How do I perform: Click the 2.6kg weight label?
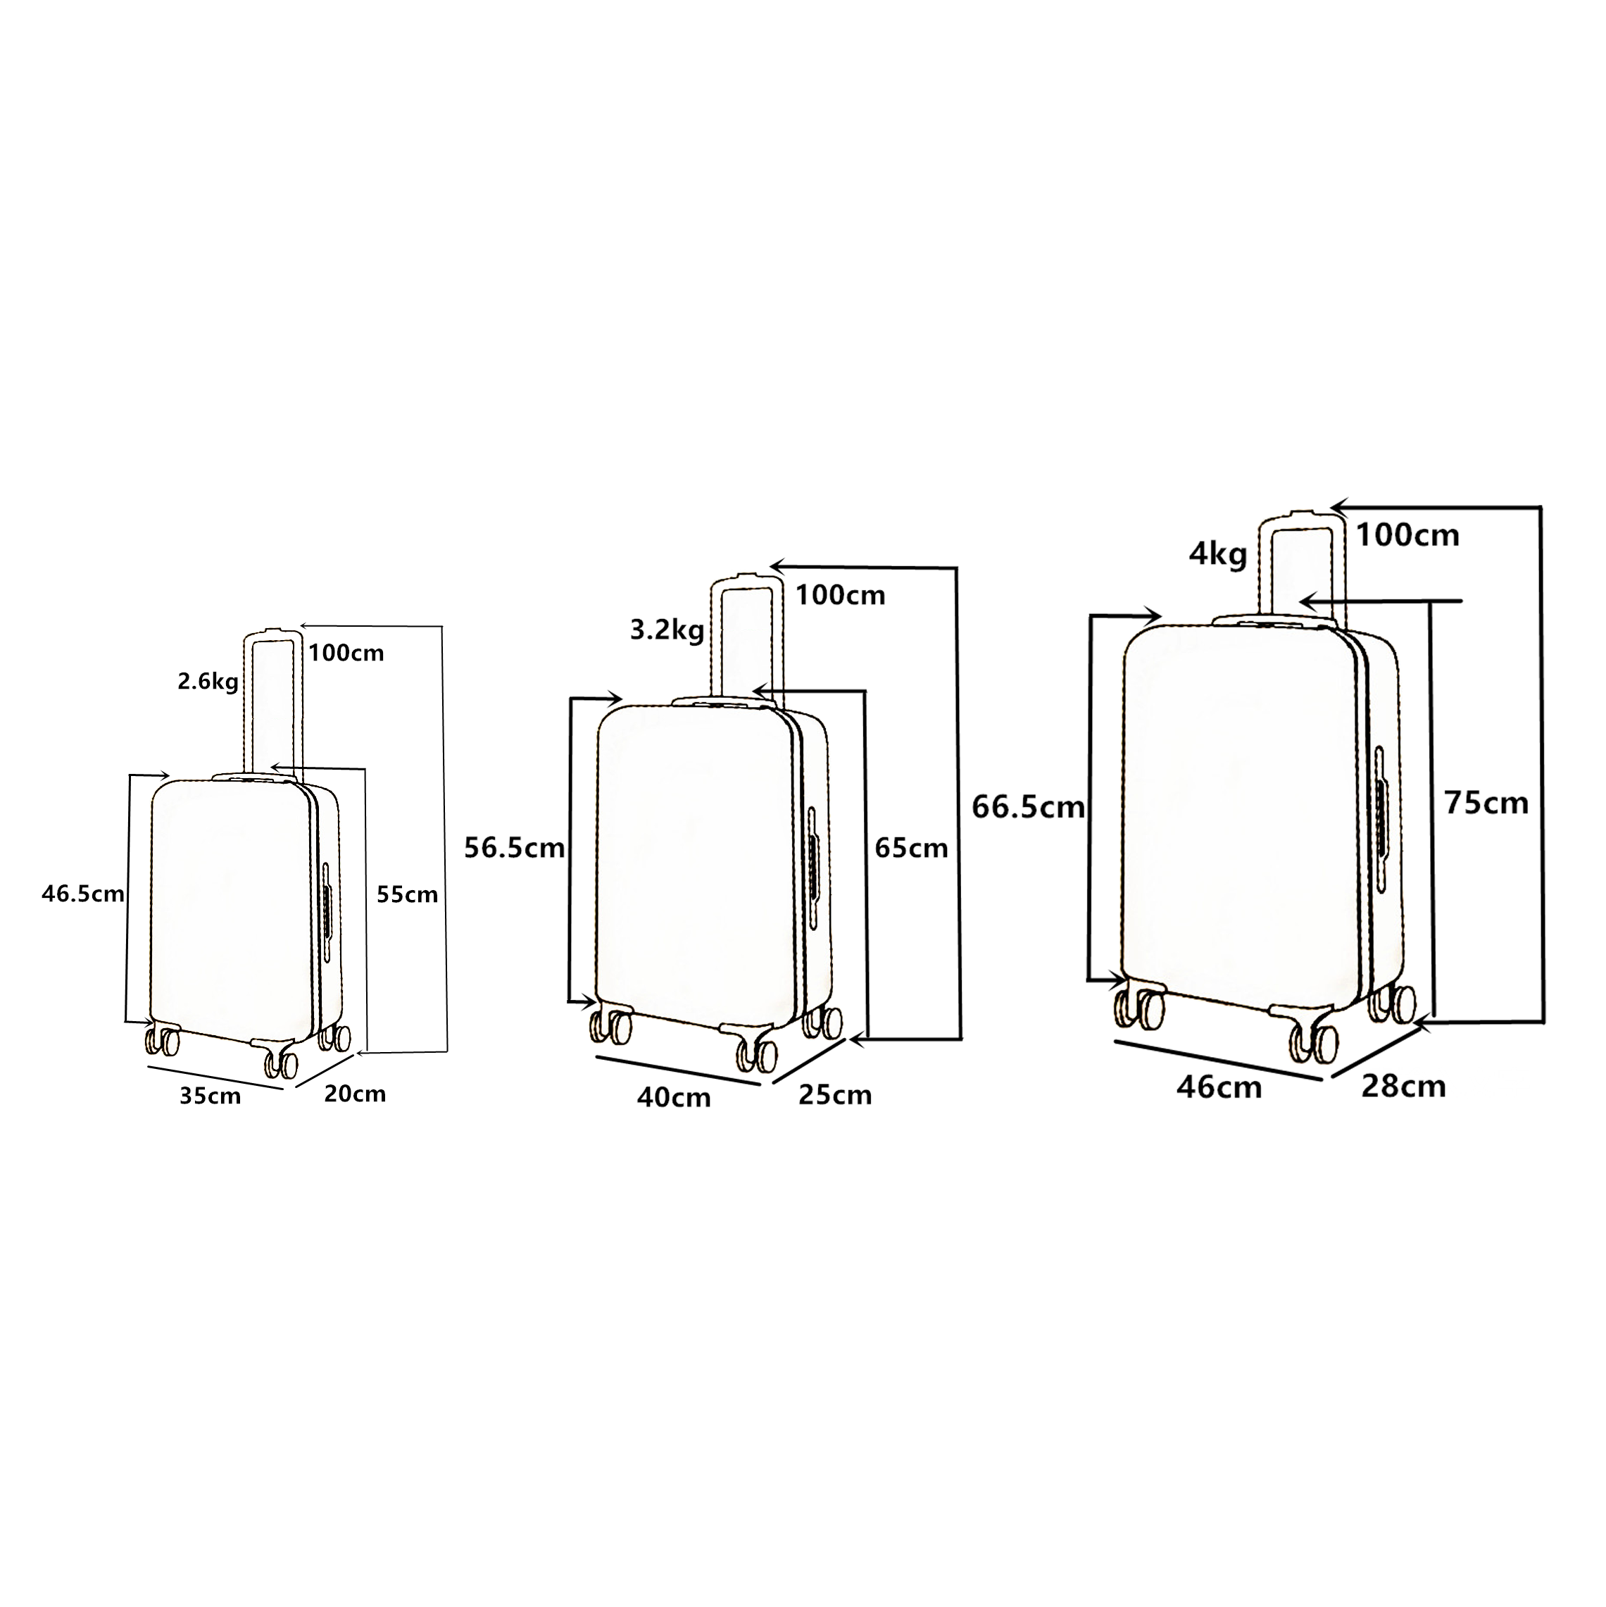point(208,683)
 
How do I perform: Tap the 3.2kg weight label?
point(667,630)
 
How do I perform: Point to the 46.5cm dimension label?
point(83,894)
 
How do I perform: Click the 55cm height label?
point(407,894)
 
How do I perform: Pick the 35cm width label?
point(211,1096)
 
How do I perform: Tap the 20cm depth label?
point(355,1094)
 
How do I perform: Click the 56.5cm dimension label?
point(515,848)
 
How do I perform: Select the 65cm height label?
point(912,848)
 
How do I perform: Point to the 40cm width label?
point(675,1098)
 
